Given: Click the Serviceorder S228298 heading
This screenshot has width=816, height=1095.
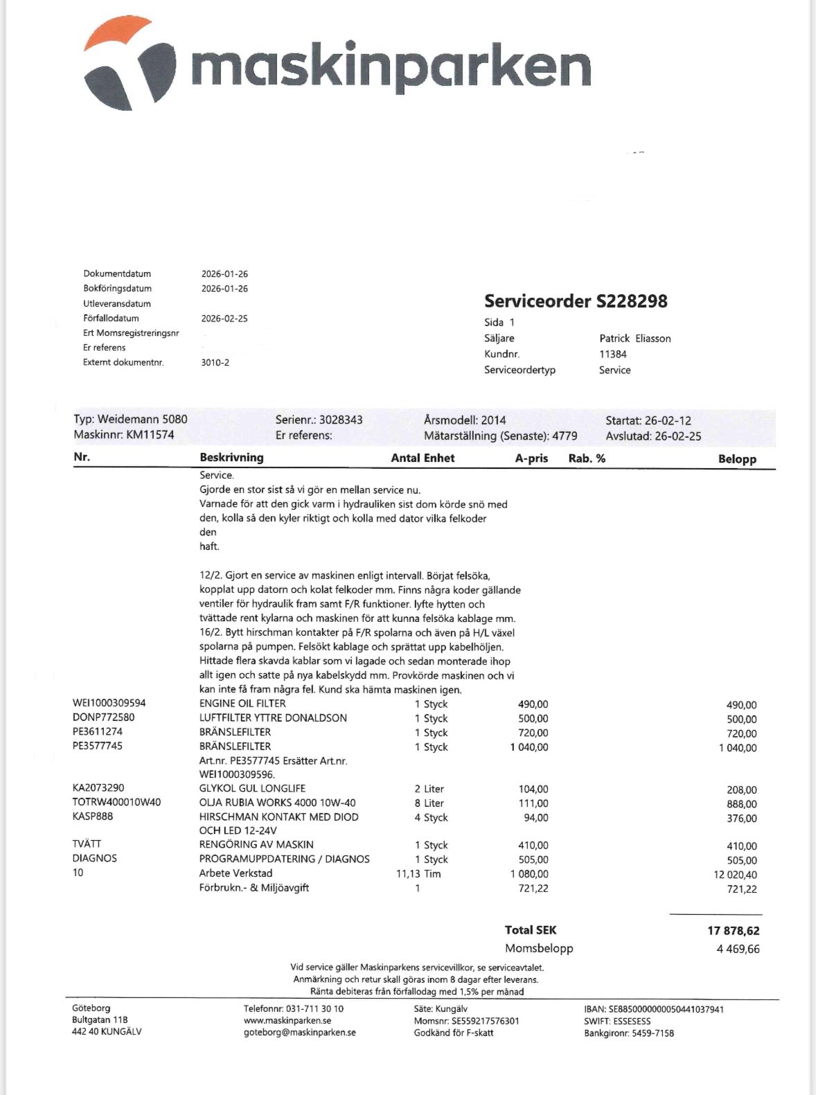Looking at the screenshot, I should click(576, 301).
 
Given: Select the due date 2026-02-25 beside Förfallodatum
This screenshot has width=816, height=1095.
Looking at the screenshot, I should click(224, 319).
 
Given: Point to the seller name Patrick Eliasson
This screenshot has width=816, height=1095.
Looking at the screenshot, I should click(635, 339).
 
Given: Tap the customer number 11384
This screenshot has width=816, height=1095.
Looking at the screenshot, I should click(613, 354).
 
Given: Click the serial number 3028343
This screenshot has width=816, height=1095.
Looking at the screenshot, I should click(340, 420).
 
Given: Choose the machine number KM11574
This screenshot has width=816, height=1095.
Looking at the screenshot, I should click(150, 435).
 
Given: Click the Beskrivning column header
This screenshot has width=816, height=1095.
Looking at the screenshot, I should click(231, 458).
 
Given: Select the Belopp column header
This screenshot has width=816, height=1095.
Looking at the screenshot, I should click(737, 459).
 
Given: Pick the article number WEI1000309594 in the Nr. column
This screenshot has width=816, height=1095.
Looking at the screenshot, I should click(109, 703).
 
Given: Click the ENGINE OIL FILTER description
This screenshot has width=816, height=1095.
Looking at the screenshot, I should click(242, 704).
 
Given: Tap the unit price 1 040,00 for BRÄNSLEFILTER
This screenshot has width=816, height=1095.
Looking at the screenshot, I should click(529, 747).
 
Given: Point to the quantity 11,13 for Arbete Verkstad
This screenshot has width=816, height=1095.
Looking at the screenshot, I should click(409, 874).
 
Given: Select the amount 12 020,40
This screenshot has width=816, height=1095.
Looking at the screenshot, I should click(735, 875).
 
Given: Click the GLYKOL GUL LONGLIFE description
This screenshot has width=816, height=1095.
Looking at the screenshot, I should click(252, 788).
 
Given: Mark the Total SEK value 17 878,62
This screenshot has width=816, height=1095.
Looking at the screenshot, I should click(733, 931).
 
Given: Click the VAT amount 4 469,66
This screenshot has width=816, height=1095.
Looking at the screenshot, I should click(738, 949).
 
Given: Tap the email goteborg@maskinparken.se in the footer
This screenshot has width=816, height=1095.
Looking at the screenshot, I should click(300, 1033).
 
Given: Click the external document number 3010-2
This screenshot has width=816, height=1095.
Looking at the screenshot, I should click(215, 362).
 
